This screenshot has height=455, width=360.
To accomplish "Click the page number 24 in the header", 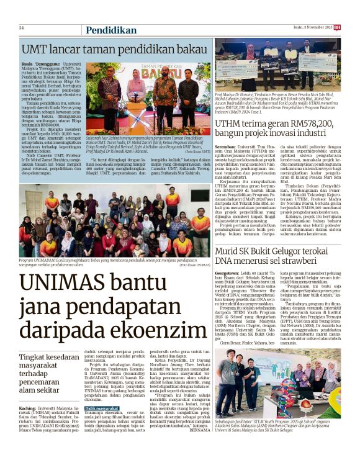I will point(22,28).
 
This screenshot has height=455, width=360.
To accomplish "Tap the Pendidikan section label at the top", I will point(111,30).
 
